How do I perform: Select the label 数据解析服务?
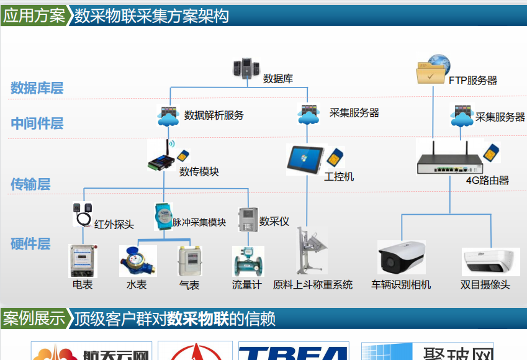pyautogui.click(x=214, y=115)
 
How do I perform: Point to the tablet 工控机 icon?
pyautogui.click(x=305, y=160)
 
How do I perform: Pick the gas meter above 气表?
pyautogui.click(x=189, y=261)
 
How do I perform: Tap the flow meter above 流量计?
pyautogui.click(x=246, y=261)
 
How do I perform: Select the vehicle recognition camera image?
pyautogui.click(x=402, y=257)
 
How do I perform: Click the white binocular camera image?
pyautogui.click(x=490, y=261)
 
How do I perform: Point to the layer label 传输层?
pyautogui.click(x=30, y=184)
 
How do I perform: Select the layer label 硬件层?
pyautogui.click(x=30, y=244)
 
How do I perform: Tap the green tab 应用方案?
pyautogui.click(x=34, y=16)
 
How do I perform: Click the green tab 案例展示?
pyautogui.click(x=34, y=319)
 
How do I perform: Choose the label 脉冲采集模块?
pyautogui.click(x=199, y=222)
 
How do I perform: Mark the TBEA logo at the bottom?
pyautogui.click(x=294, y=352)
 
